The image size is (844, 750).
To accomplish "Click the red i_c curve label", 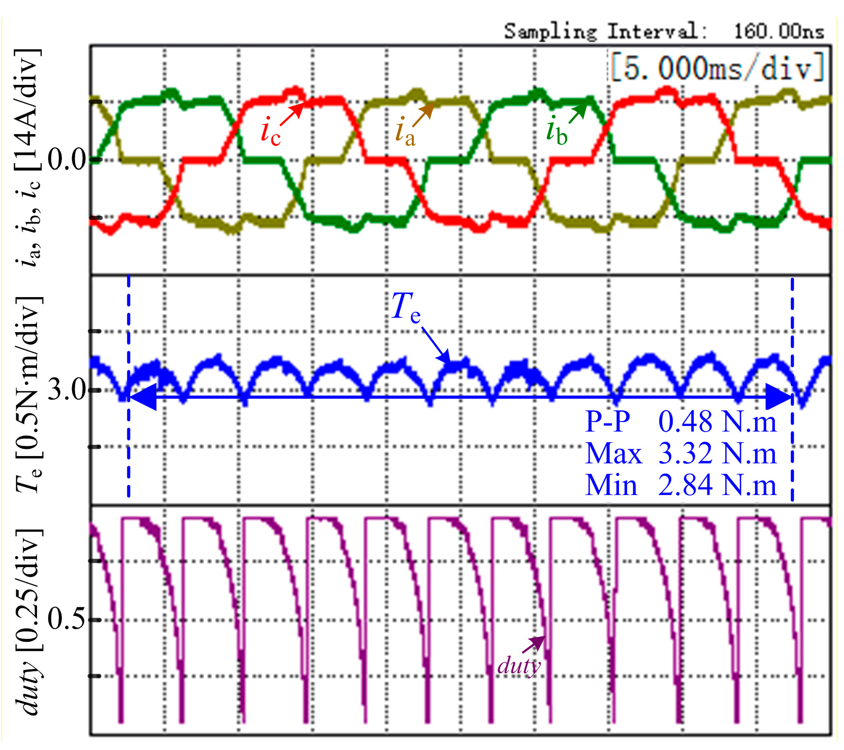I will (x=270, y=132).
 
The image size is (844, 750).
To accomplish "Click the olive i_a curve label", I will (x=405, y=132).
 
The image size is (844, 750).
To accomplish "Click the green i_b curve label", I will (x=557, y=131).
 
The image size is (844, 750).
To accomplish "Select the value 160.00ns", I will (x=778, y=31).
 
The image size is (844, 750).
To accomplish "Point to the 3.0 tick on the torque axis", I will (x=68, y=390).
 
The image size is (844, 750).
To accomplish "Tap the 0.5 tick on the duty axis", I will (x=68, y=619).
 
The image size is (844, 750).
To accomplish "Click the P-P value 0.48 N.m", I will (x=717, y=421).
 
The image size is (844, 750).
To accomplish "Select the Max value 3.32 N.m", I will (x=717, y=453).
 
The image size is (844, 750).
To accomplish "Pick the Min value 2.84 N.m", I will (x=717, y=485).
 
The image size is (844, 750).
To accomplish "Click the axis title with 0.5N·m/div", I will (x=28, y=394).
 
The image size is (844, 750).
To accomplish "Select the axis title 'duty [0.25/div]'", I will (x=28, y=622).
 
